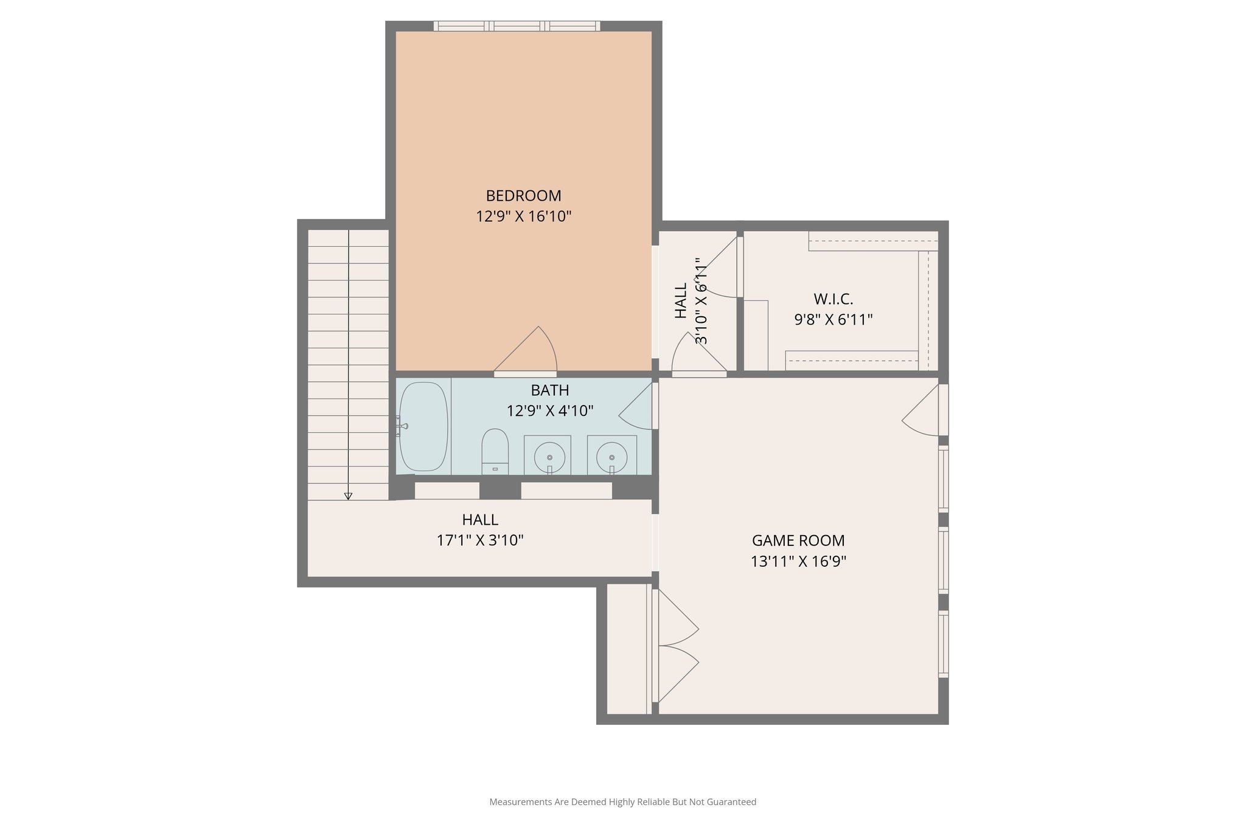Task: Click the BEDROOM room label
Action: tap(523, 196)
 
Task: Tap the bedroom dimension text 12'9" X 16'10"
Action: tap(523, 216)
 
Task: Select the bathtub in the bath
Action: tap(423, 426)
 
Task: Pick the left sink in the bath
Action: tap(549, 456)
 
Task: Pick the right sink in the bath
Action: tap(611, 456)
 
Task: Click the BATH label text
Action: tap(549, 390)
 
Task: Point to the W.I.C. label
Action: tap(833, 299)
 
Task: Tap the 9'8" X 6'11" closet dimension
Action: tap(833, 320)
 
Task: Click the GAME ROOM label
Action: tap(798, 541)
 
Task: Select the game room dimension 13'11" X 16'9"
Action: tap(798, 561)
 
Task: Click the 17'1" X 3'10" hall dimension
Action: tap(480, 541)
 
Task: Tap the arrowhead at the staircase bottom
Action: tap(349, 496)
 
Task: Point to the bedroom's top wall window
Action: tap(517, 26)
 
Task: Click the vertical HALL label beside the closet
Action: tap(681, 300)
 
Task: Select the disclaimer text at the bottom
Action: tap(622, 802)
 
